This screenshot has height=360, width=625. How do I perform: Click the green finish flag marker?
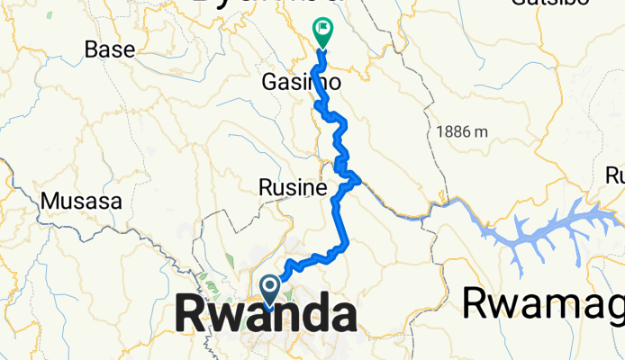pyautogui.click(x=322, y=32)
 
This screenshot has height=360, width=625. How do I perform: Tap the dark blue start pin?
pyautogui.click(x=269, y=289)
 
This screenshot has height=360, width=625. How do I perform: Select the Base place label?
pyautogui.click(x=109, y=49)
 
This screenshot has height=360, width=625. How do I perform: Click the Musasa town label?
pyautogui.click(x=82, y=201)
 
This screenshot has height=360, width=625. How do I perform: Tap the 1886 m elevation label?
pyautogui.click(x=462, y=131)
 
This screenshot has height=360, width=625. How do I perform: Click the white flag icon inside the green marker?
pyautogui.click(x=322, y=30)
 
